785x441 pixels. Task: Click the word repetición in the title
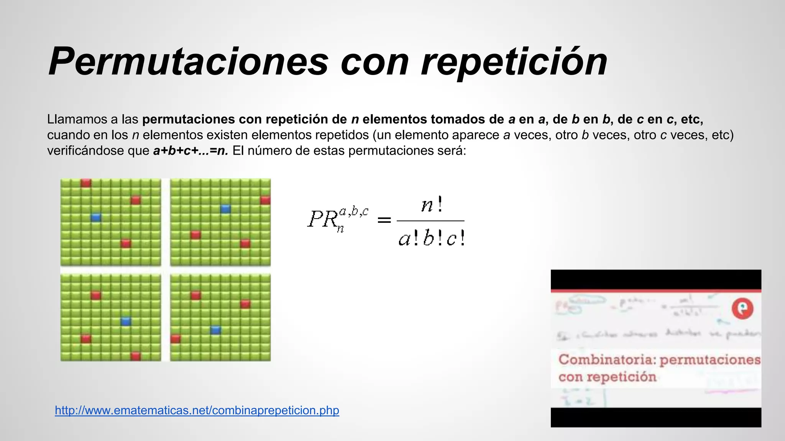514,61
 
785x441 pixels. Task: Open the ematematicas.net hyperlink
197,410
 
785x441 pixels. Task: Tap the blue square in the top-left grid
96,217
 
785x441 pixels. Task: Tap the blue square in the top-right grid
225,209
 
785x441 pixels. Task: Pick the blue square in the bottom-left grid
126,321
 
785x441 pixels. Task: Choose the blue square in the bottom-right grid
216,330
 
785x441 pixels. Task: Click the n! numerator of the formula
432,205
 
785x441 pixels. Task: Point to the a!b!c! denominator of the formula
432,239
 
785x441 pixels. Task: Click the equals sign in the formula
384,220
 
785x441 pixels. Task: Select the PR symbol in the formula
322,219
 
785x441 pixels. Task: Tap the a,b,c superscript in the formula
354,211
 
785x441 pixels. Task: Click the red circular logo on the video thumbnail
742,308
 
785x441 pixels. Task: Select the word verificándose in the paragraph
98,151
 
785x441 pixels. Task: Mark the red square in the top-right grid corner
265,200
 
